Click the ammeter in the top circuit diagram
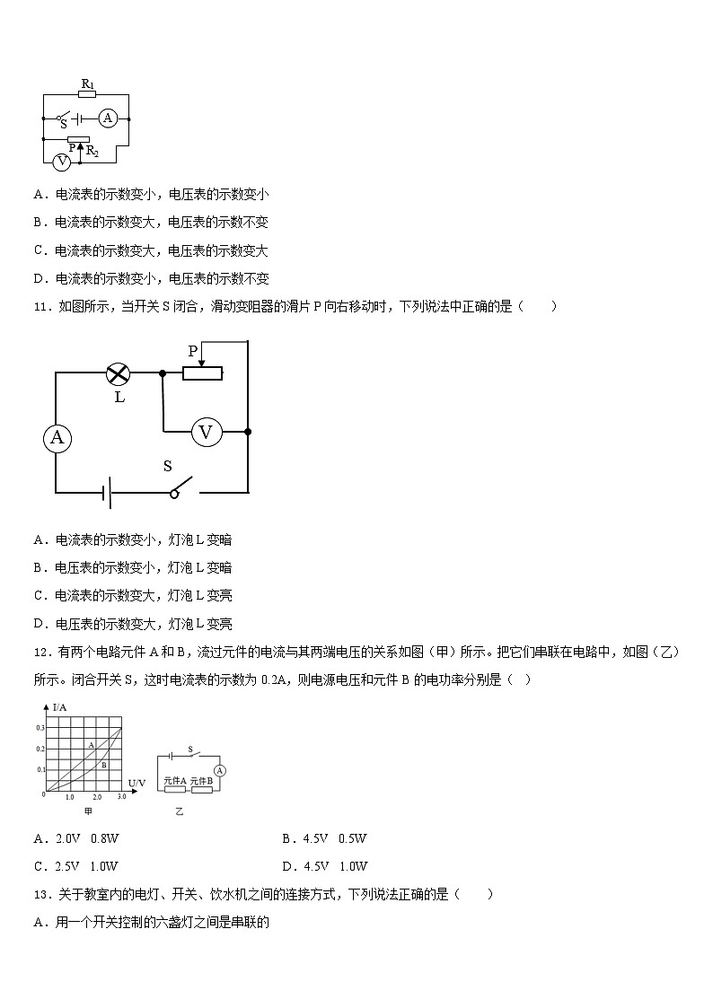pos(108,118)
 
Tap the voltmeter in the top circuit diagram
pos(61,162)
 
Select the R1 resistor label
pos(87,85)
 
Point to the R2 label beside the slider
pos(92,153)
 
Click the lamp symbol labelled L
pos(119,373)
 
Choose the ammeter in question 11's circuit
pos(57,437)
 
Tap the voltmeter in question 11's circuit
pos(206,433)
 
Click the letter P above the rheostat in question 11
pos(192,351)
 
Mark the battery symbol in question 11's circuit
pos(106,492)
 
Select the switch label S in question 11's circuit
pos(167,466)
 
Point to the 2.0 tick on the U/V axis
pos(96,797)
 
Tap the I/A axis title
pos(60,707)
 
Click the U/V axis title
pos(136,783)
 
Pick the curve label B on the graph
pos(104,765)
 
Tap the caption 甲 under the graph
pos(88,811)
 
